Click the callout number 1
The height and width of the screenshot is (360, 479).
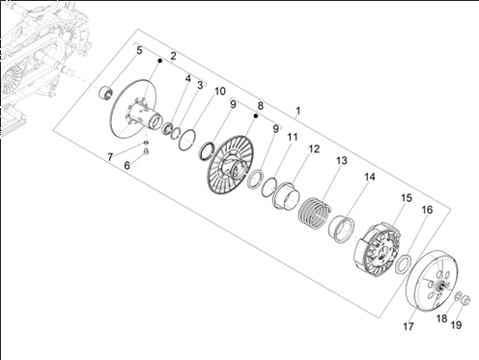point(298,111)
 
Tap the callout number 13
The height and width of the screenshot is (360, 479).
point(342,160)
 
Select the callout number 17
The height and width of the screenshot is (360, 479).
point(409,326)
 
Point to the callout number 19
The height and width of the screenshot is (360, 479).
point(456,325)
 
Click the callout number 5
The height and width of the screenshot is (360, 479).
point(139,50)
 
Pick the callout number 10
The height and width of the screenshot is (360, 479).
point(220,92)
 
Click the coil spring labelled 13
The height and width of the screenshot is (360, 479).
point(315,212)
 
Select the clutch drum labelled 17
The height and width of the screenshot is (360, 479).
point(432,281)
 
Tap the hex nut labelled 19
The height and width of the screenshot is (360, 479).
point(465,300)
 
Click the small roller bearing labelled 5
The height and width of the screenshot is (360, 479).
point(105,93)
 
